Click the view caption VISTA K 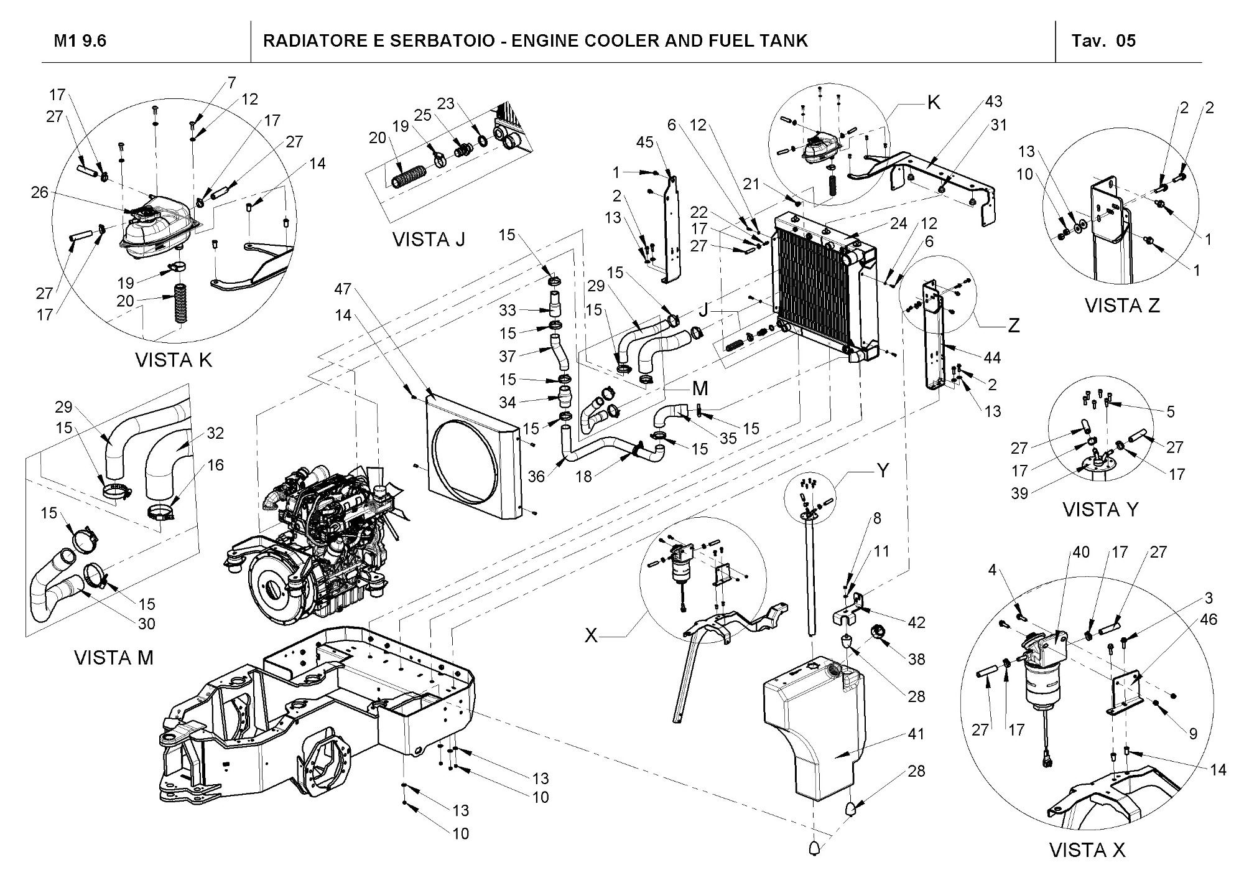(x=174, y=360)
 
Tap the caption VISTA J (x=429, y=239)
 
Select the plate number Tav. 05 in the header (x=1103, y=41)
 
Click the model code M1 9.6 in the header (x=80, y=41)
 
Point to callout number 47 (x=343, y=289)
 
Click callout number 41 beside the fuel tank (x=916, y=734)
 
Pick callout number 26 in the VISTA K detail (x=40, y=192)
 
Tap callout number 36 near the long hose (x=536, y=477)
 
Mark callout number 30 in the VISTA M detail (x=147, y=624)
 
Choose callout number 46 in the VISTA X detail (x=1209, y=619)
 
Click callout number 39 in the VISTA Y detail (x=1019, y=494)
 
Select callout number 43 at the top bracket (x=993, y=101)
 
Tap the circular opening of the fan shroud (x=465, y=458)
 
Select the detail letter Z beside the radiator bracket (x=1014, y=325)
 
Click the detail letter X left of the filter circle (x=591, y=635)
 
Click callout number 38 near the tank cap (x=916, y=658)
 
